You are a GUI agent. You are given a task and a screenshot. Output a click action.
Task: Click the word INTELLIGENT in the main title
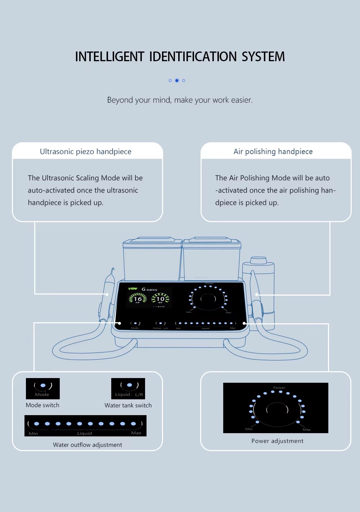109,57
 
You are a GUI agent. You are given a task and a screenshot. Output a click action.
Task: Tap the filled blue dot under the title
177,81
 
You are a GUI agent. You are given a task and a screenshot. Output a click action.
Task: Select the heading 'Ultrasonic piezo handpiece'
86,152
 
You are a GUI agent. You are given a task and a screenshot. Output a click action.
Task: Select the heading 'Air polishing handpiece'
273,152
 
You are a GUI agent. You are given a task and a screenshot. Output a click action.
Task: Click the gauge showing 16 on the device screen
138,298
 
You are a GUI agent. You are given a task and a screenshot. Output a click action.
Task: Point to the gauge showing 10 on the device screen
160,298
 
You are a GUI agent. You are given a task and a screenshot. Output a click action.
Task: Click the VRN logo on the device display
133,289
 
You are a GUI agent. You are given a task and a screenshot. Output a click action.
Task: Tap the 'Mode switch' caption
42,405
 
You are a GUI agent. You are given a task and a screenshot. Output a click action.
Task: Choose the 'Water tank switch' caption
128,405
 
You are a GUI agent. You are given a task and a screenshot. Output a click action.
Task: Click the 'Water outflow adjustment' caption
87,445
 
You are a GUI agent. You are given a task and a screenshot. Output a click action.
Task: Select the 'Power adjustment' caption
277,441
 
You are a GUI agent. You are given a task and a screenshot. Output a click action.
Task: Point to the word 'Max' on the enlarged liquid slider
136,433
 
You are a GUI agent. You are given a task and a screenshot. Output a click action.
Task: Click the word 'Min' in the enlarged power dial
249,429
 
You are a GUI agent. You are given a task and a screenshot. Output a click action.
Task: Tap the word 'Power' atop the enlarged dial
279,388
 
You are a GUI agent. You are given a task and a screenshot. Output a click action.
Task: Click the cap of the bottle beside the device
258,260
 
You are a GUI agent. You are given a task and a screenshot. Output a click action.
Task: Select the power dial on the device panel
208,298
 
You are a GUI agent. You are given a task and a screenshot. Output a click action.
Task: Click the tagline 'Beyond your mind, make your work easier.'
180,100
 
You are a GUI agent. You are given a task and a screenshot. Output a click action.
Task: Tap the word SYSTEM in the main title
263,57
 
